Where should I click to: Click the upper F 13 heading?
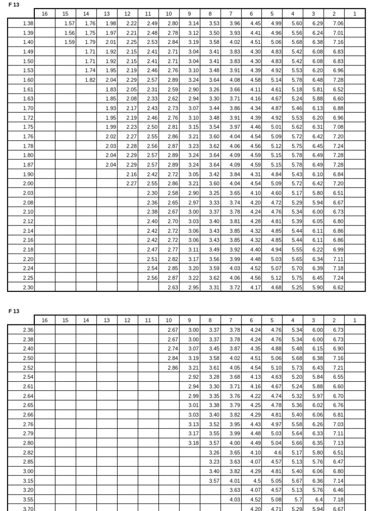13,5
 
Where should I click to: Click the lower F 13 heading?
13,311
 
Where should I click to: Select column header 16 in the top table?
45,13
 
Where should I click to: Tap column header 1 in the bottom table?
355,320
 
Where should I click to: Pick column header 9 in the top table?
190,13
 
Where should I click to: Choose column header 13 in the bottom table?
107,320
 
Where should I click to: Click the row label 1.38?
28,23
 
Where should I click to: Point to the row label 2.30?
28,287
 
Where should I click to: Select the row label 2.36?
28,329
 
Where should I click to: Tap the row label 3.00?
28,471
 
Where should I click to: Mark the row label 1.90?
28,174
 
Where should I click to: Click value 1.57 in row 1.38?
69,23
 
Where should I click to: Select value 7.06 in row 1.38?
338,23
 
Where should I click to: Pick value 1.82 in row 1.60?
90,80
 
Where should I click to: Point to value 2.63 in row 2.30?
173,287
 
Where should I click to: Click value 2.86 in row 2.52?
173,367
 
